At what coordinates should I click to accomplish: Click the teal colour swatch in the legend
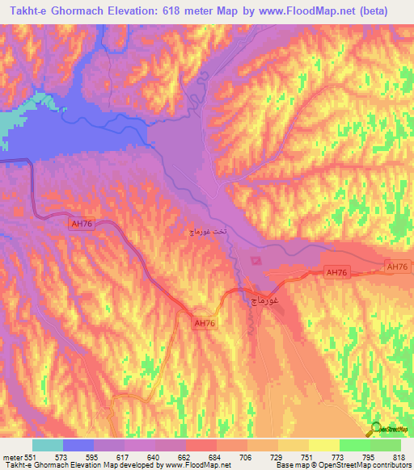click(x=48, y=446)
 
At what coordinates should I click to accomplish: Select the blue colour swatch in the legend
click(x=78, y=446)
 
